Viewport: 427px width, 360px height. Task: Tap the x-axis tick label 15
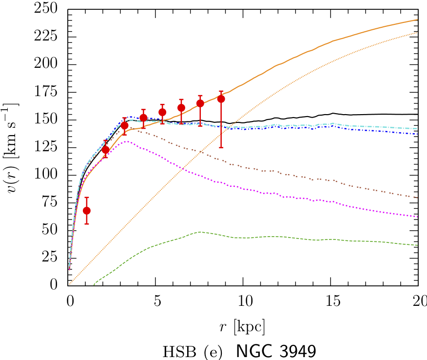click(x=331, y=300)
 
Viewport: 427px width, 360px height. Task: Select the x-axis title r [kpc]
click(x=242, y=326)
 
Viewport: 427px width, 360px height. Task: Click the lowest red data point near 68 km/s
click(x=87, y=210)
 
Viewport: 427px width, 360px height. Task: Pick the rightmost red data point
click(x=221, y=99)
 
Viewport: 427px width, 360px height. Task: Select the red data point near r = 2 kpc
click(x=106, y=149)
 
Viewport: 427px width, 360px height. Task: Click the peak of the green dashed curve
click(x=200, y=232)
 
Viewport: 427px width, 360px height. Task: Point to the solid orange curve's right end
click(x=418, y=20)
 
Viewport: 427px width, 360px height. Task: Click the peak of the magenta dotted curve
click(x=127, y=141)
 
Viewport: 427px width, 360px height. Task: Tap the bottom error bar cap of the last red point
click(x=221, y=147)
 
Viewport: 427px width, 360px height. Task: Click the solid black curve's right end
click(x=418, y=114)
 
